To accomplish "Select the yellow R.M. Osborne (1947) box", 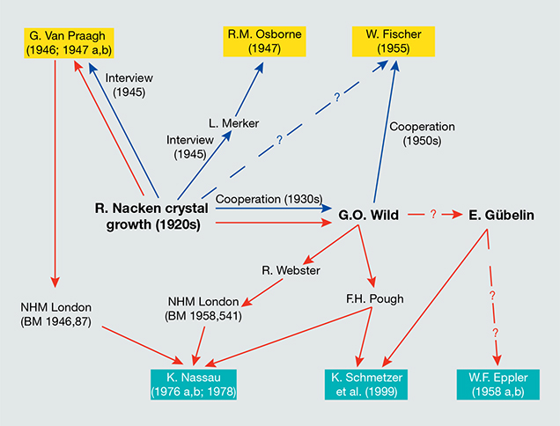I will click(264, 41).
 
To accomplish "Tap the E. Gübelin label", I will click(500, 213).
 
